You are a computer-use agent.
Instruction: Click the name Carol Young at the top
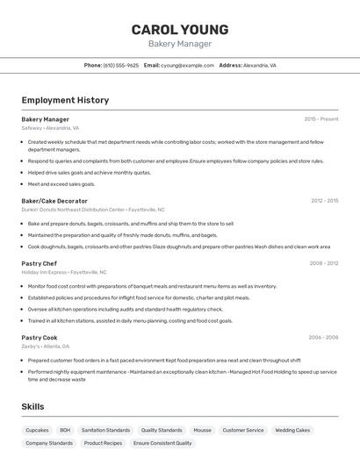point(180,29)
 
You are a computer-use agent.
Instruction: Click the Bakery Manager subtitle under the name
point(180,44)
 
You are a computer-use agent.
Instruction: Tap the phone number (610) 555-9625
point(121,65)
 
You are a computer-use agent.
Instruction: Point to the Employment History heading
point(65,100)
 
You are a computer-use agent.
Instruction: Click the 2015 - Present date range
point(320,119)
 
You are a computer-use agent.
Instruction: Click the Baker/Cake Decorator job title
point(54,201)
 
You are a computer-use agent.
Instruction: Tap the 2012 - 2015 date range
point(324,201)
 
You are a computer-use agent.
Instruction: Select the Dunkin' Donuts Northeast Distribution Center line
point(93,210)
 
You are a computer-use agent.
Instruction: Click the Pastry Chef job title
point(40,263)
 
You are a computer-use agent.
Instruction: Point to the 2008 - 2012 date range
point(323,263)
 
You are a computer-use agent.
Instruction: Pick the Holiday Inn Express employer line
point(64,272)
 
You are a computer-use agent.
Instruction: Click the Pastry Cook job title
point(40,338)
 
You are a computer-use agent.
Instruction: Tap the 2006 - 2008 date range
point(323,338)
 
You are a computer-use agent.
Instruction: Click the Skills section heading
point(32,407)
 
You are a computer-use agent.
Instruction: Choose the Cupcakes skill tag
point(37,430)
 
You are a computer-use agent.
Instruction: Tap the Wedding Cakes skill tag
point(292,430)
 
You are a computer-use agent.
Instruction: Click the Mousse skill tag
point(202,430)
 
